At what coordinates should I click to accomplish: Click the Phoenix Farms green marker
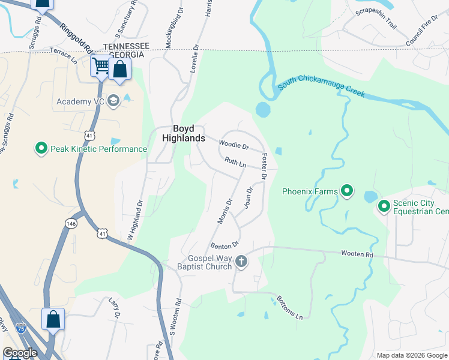(347, 191)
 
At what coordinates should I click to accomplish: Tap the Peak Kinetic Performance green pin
(41, 148)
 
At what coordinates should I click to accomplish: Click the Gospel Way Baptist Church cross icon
(241, 261)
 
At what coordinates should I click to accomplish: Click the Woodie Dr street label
(234, 145)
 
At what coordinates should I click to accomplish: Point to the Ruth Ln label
(235, 163)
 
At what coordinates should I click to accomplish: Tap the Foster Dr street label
(264, 167)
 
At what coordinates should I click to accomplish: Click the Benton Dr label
(225, 245)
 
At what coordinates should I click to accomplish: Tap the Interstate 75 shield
(21, 328)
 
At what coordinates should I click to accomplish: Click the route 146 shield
(70, 223)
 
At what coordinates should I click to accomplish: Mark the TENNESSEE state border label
(126, 46)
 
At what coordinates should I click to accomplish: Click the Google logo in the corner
(20, 353)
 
